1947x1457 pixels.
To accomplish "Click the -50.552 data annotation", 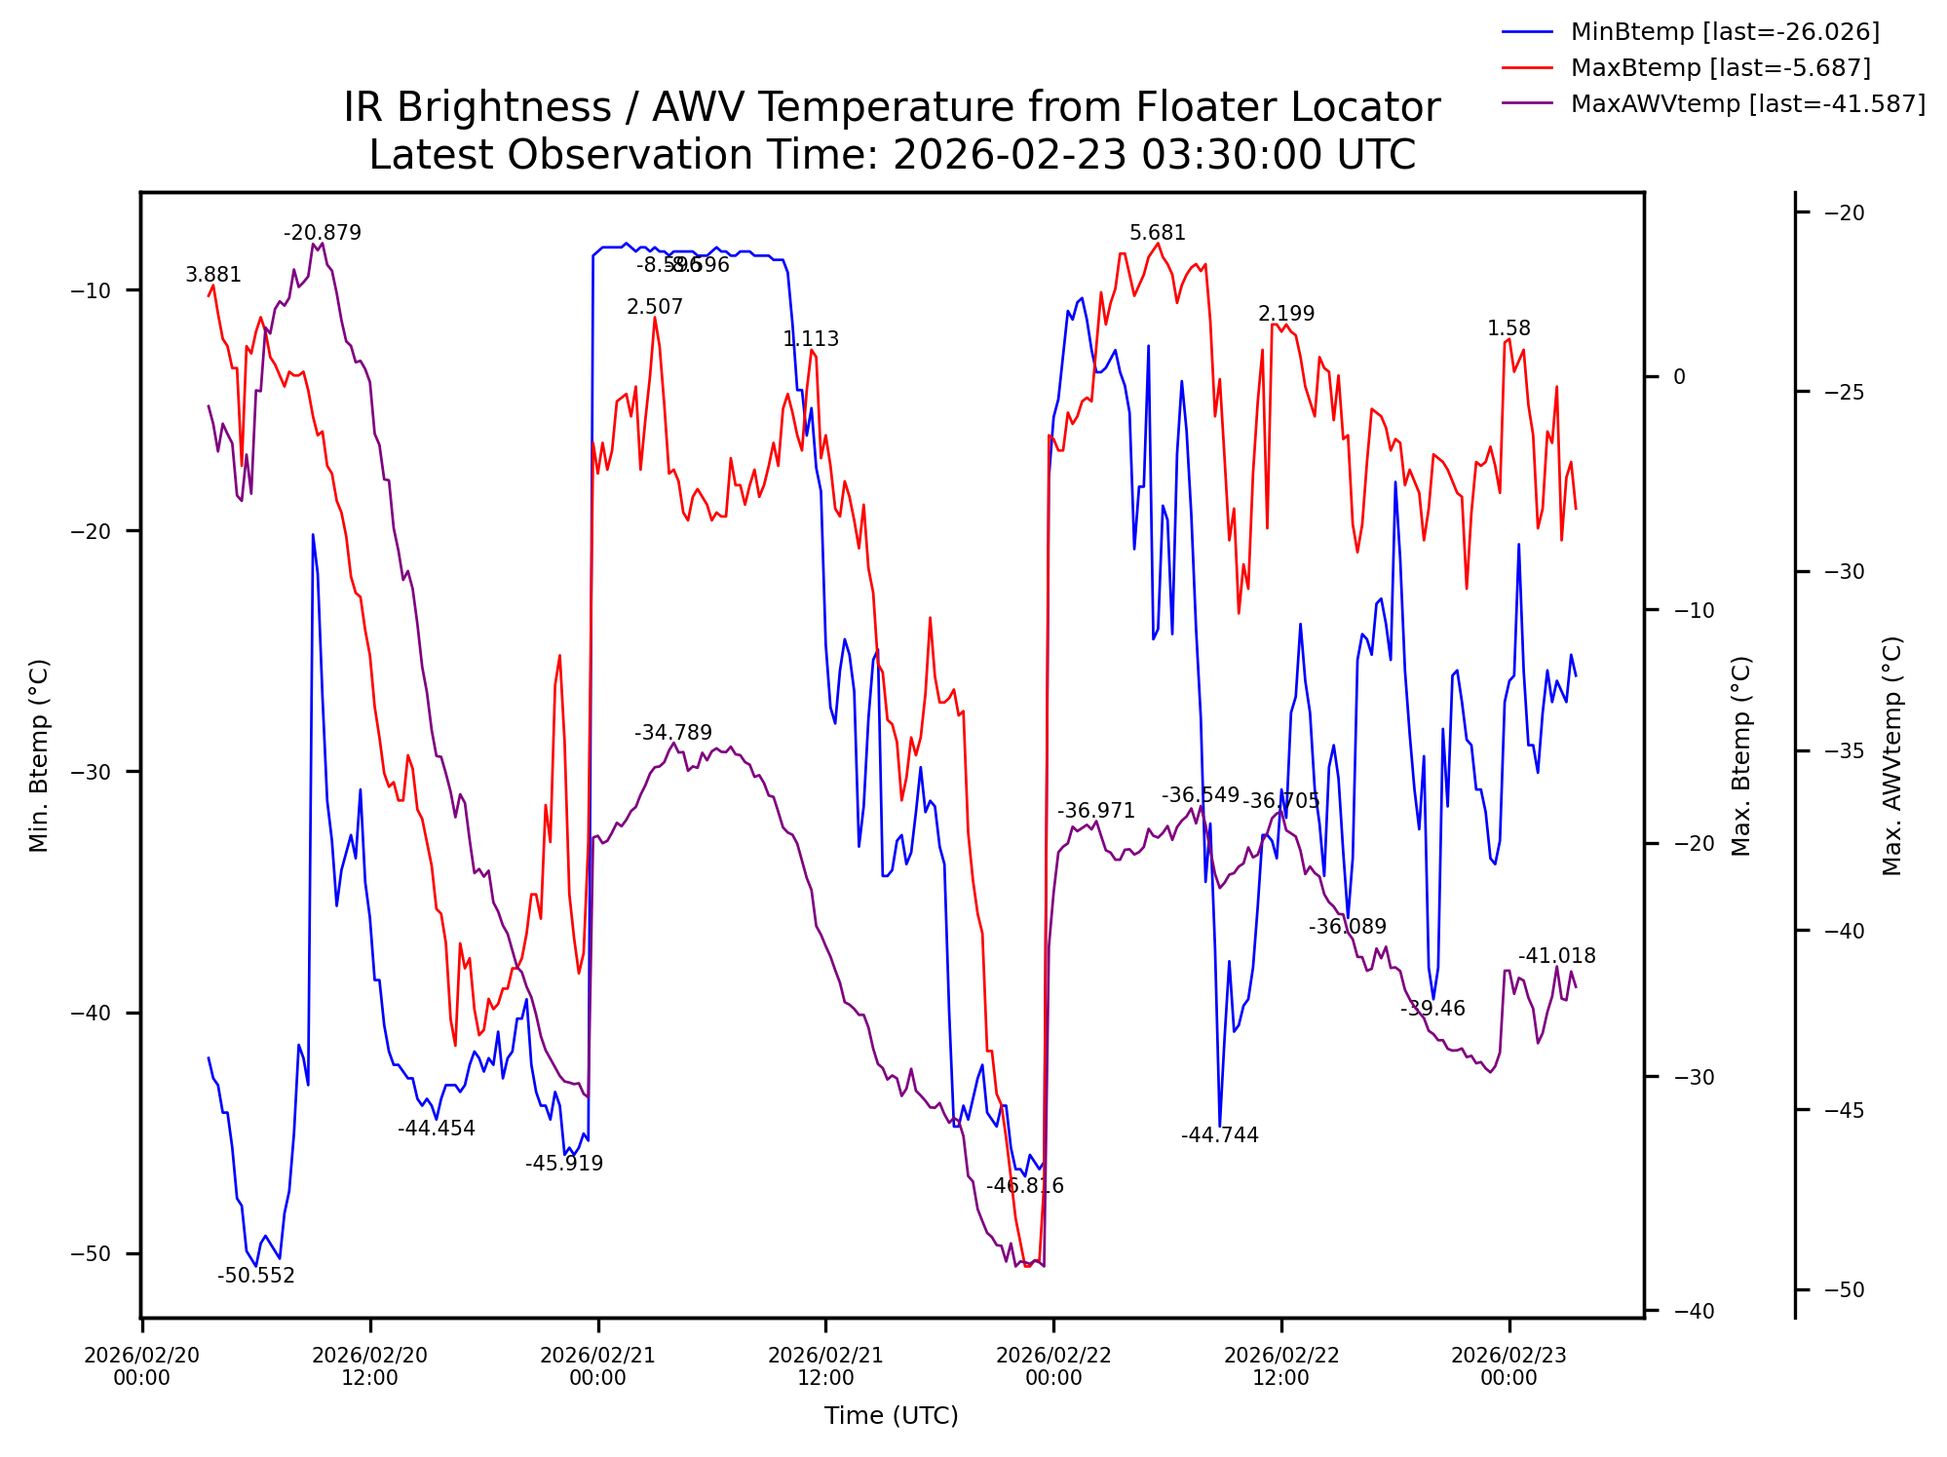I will coord(255,1276).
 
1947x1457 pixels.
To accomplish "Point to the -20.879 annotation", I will coord(322,233).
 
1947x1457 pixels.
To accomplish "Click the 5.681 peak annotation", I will coord(1157,233).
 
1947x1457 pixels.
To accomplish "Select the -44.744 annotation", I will coord(1219,1135).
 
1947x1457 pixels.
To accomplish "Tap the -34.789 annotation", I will coord(672,733).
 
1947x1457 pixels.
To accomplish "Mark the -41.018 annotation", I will coord(1556,956).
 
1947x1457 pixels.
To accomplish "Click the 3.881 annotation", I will coord(212,275).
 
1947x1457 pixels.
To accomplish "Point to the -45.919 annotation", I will coord(563,1164).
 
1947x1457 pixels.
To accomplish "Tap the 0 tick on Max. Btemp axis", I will coord(1679,377).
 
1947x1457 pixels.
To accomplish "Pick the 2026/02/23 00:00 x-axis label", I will coord(1508,1366).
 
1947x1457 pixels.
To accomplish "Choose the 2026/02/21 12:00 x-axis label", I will coord(824,1366).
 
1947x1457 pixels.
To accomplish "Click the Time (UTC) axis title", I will coord(891,1416).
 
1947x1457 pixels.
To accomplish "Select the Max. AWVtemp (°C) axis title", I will coord(1891,756).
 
